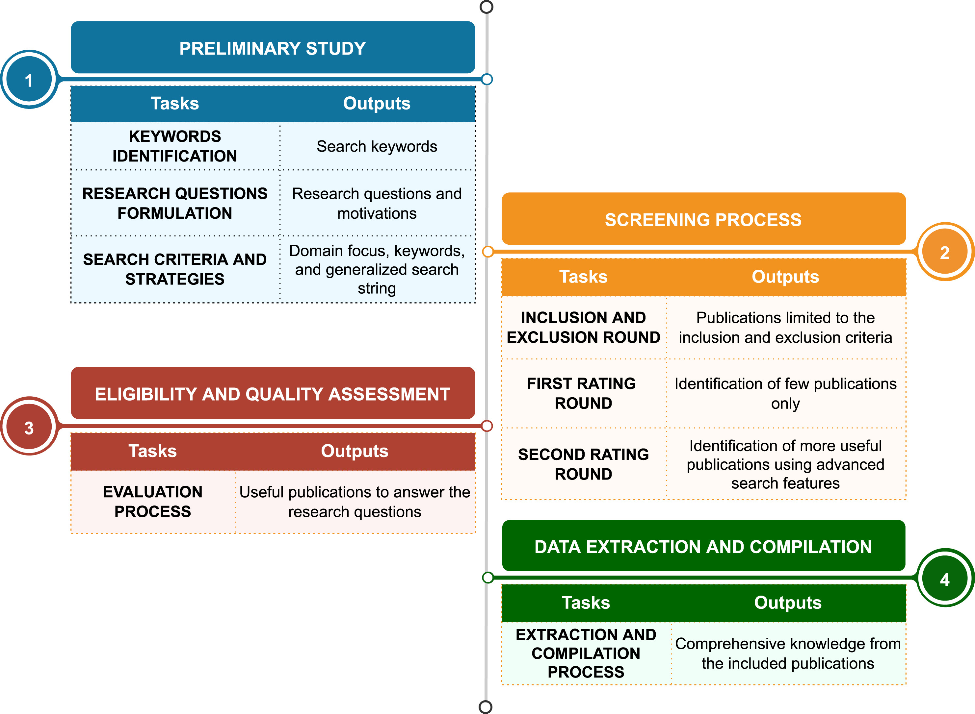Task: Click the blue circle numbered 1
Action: [x=29, y=80]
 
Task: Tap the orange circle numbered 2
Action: [x=945, y=252]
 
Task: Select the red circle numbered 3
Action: [x=29, y=427]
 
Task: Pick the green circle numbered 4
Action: [x=945, y=578]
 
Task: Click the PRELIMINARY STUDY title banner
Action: [x=273, y=48]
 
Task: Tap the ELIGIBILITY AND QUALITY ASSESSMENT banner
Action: [x=273, y=393]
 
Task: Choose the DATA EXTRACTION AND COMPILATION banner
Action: [x=703, y=546]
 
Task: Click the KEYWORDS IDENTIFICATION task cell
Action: [x=175, y=146]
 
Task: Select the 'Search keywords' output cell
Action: [x=377, y=146]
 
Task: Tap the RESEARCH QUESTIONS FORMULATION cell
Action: [x=175, y=203]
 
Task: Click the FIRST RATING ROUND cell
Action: [x=584, y=393]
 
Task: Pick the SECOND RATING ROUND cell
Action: [x=584, y=464]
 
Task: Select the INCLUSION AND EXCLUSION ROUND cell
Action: [x=584, y=327]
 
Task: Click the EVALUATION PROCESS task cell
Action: [x=153, y=501]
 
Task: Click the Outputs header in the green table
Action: [x=788, y=603]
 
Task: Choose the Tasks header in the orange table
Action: [x=584, y=277]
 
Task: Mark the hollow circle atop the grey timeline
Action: [x=487, y=7]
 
